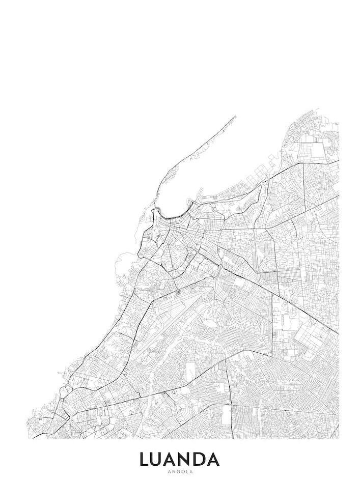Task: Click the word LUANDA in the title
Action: (180, 459)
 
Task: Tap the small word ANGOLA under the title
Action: (180, 472)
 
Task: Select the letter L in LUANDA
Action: (145, 459)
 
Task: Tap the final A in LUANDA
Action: (213, 459)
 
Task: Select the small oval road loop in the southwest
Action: (63, 392)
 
